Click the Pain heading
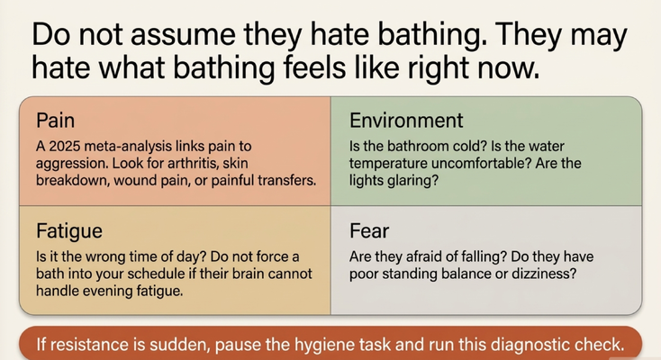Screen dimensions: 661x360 (55, 121)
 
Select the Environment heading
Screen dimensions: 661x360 (406, 121)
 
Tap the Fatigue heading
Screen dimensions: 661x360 (69, 231)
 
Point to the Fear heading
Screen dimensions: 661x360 (369, 231)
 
